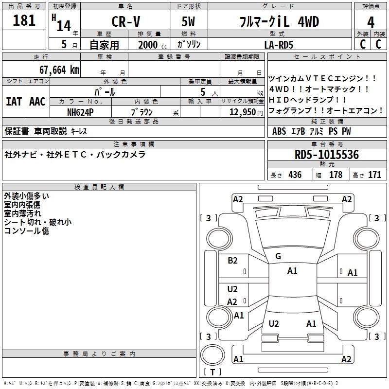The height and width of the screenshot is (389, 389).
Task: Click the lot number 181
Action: coord(24,20)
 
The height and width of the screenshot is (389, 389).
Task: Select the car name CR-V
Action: coord(126,21)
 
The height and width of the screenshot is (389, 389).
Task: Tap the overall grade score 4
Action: coord(371,22)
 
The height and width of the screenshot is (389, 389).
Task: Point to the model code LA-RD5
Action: coord(279,45)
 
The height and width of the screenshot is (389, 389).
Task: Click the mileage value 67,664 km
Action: coord(59,70)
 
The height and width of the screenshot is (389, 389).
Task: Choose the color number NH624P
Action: coord(80,112)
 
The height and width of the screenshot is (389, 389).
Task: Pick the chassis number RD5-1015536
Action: coord(327,155)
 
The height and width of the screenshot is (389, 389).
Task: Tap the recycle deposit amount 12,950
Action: coord(243,112)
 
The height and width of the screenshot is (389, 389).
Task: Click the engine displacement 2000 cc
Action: coord(153,45)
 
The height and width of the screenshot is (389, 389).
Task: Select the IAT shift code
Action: coord(14,102)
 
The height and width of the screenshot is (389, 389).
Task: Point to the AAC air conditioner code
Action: coord(37,102)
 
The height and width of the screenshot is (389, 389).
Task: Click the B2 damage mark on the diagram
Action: coord(232,260)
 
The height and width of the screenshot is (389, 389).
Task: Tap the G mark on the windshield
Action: coord(278,256)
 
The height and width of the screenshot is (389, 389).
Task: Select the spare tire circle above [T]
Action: coord(212,355)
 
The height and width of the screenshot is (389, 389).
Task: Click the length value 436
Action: coord(295,175)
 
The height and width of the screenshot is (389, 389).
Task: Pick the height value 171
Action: coord(374,175)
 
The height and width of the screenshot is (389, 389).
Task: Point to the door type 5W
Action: coord(188,21)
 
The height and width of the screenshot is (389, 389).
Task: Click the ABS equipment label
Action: coord(279,131)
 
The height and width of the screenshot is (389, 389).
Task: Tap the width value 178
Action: coord(336,175)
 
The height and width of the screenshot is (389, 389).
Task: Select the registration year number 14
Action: coord(64,26)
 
